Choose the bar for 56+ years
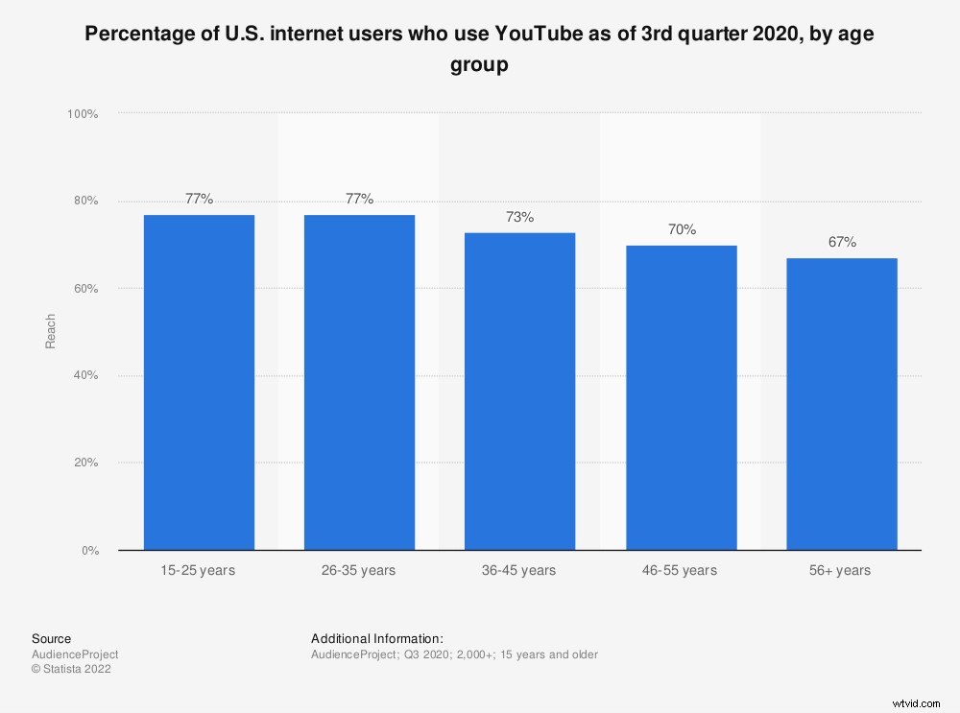841,404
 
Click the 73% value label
519,217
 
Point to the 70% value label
681,230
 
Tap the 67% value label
841,243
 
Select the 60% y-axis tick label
84,289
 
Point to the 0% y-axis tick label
88,551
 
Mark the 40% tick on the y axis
84,376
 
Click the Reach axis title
51,331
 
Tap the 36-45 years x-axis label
519,571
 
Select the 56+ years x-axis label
841,571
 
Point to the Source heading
51,639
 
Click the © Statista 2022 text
71,670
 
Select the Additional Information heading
377,639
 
